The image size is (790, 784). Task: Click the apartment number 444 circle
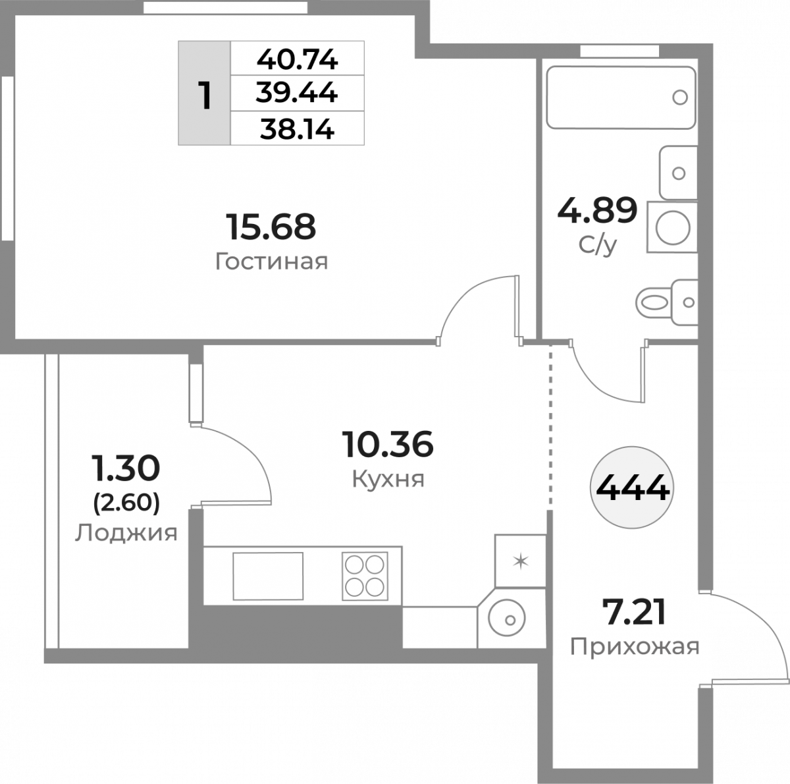point(632,488)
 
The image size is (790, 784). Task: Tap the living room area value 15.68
point(271,227)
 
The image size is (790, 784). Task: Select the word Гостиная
point(272,262)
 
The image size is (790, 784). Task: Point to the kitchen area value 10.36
point(388,444)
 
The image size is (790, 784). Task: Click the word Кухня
point(388,478)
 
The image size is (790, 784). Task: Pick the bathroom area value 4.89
point(597,210)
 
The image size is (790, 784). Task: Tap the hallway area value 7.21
point(634,612)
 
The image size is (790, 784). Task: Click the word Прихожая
point(635,647)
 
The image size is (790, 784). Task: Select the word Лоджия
point(126,534)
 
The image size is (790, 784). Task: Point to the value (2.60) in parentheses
point(126,503)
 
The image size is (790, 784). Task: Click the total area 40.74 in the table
point(297,60)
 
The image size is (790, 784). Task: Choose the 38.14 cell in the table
point(297,129)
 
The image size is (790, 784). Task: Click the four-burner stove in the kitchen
point(365,576)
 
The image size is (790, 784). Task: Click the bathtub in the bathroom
point(621,98)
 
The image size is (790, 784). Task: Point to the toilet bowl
point(667,303)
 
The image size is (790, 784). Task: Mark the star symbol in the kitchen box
point(520,561)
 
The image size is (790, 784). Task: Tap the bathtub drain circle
point(680,98)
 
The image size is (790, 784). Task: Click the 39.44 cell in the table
point(297,93)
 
